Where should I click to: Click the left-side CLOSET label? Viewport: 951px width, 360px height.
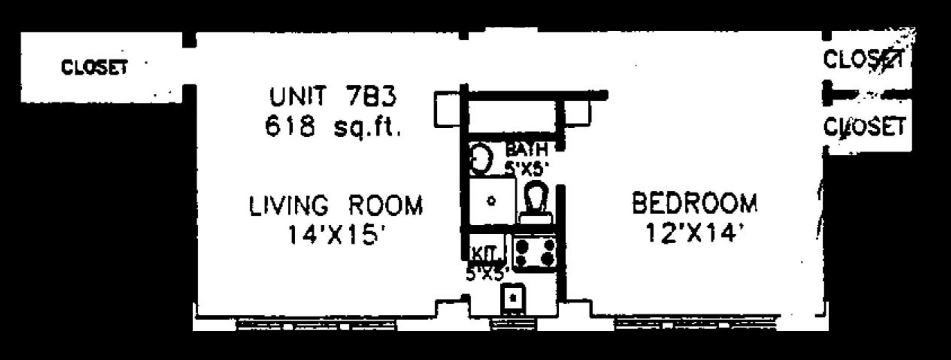click(x=94, y=67)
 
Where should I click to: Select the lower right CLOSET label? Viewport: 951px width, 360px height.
click(x=865, y=127)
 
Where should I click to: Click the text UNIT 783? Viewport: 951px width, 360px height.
click(x=333, y=96)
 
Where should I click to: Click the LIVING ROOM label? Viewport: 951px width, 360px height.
click(x=336, y=206)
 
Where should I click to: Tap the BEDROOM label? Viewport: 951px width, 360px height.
click(x=694, y=204)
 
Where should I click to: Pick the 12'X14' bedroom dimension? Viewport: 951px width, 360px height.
click(x=694, y=233)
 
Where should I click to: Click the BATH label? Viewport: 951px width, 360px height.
click(x=526, y=149)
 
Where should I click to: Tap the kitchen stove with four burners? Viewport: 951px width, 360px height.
click(x=534, y=253)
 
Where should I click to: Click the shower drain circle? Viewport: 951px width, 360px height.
click(x=491, y=201)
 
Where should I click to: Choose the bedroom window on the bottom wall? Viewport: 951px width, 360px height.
click(x=693, y=324)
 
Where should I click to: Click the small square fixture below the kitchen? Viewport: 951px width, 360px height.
click(x=513, y=298)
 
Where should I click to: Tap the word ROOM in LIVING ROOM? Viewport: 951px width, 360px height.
click(x=385, y=206)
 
